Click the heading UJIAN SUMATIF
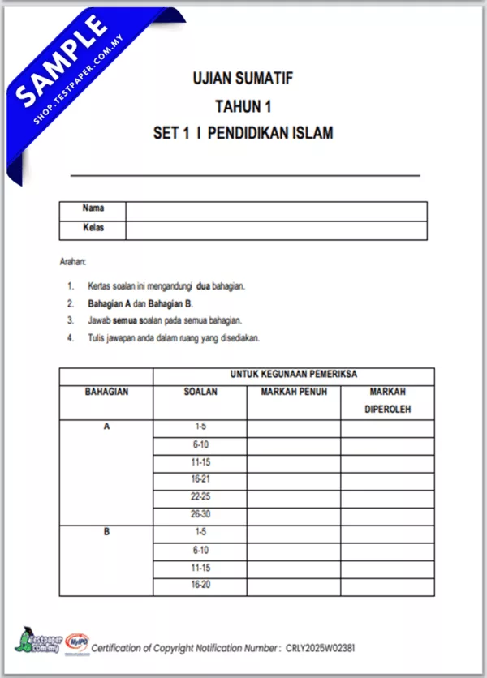(x=243, y=79)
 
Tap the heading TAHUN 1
(x=243, y=105)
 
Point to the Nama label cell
(x=93, y=209)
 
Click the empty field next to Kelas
(x=276, y=230)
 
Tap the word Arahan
(x=73, y=262)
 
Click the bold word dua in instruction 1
(x=203, y=286)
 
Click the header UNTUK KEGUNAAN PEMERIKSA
(x=294, y=375)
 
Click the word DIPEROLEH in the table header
(x=387, y=410)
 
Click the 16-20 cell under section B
(x=200, y=586)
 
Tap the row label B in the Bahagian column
(x=106, y=533)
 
